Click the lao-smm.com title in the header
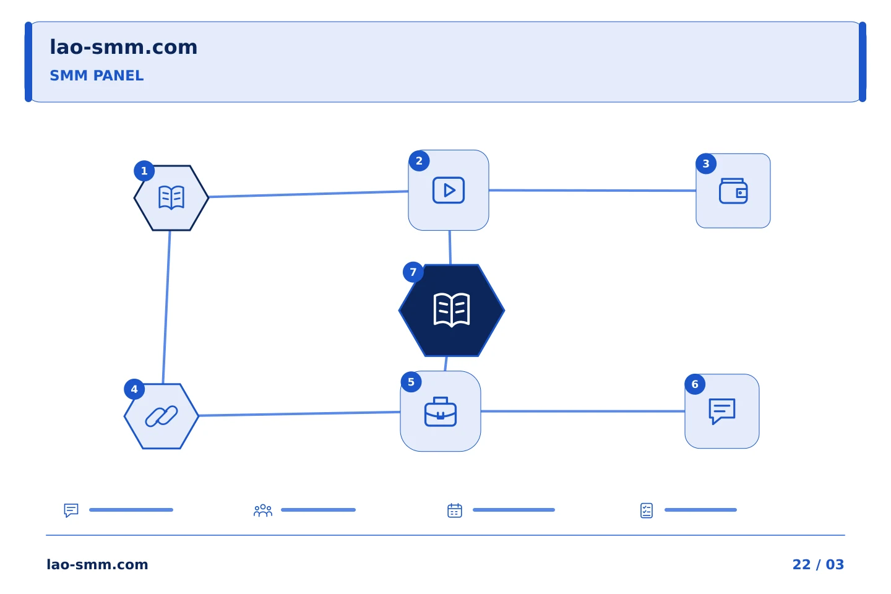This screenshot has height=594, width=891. pyautogui.click(x=123, y=48)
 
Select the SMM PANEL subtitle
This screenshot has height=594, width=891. pyautogui.click(x=97, y=75)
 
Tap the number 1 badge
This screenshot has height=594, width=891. pyautogui.click(x=144, y=171)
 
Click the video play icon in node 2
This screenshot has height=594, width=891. pyautogui.click(x=448, y=190)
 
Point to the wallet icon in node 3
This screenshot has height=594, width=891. pyautogui.click(x=733, y=191)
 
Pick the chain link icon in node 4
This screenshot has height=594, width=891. pyautogui.click(x=161, y=416)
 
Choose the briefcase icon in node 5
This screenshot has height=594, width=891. pyautogui.click(x=441, y=411)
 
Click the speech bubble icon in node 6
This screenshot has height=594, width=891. pyautogui.click(x=722, y=411)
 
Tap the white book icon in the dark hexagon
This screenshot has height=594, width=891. pyautogui.click(x=452, y=310)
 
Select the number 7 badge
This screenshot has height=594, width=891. pyautogui.click(x=413, y=272)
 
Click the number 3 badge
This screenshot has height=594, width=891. pyautogui.click(x=706, y=164)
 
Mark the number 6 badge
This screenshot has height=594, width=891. pyautogui.click(x=695, y=384)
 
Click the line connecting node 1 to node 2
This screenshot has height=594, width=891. pyautogui.click(x=309, y=194)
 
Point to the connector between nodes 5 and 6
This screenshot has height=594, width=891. pyautogui.click(x=583, y=411)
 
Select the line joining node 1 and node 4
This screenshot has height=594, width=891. pyautogui.click(x=166, y=307)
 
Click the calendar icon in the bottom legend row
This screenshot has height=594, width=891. pyautogui.click(x=455, y=510)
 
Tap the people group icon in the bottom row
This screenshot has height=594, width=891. pyautogui.click(x=263, y=510)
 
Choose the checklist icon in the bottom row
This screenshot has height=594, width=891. pyautogui.click(x=647, y=510)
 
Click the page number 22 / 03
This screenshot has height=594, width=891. pyautogui.click(x=818, y=564)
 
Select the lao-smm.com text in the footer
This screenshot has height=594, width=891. pyautogui.click(x=98, y=564)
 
